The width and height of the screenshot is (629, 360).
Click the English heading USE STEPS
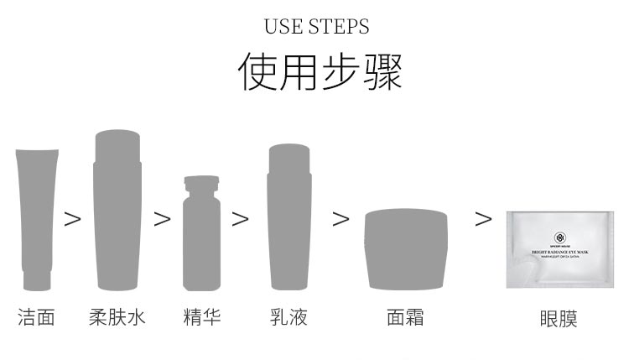point(316,26)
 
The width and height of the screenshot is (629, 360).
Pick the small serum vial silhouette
point(201,233)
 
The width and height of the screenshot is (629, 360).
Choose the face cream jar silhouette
point(406,248)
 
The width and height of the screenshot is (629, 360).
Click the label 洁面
point(36,317)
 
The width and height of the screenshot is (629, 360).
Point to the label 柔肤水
point(117,317)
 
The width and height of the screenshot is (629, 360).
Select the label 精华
point(202,317)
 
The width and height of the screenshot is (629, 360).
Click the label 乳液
point(289,317)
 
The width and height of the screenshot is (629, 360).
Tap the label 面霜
point(405,317)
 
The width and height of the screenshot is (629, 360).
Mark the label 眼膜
point(559,318)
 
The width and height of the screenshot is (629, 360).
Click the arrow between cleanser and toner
point(74,219)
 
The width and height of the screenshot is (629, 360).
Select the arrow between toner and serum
point(162,219)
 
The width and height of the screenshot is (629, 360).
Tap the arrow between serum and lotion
point(241,219)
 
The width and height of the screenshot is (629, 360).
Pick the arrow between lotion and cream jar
point(340,219)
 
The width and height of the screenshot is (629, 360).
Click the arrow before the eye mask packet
point(484,219)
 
